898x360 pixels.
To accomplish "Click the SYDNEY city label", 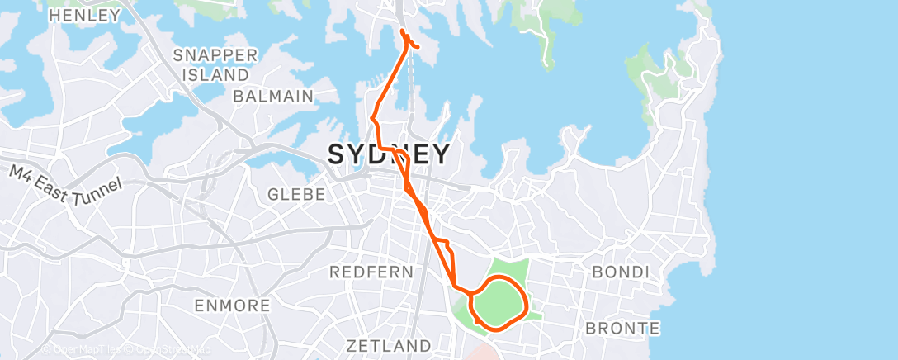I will point(390,154).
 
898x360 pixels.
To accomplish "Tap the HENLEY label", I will point(84,15).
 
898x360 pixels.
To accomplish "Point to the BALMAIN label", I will point(273,96).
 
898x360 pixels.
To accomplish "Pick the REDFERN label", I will point(365,272).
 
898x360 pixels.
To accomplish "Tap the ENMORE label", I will point(232,306).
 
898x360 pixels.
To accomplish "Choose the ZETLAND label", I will point(388,344).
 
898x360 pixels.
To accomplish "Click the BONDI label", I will point(621,272).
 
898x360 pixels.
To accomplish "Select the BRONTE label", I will point(622,328).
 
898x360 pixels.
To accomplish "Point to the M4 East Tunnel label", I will point(67,187).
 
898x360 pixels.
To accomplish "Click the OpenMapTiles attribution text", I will point(82,350).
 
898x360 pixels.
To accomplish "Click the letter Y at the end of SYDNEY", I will point(441,154).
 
